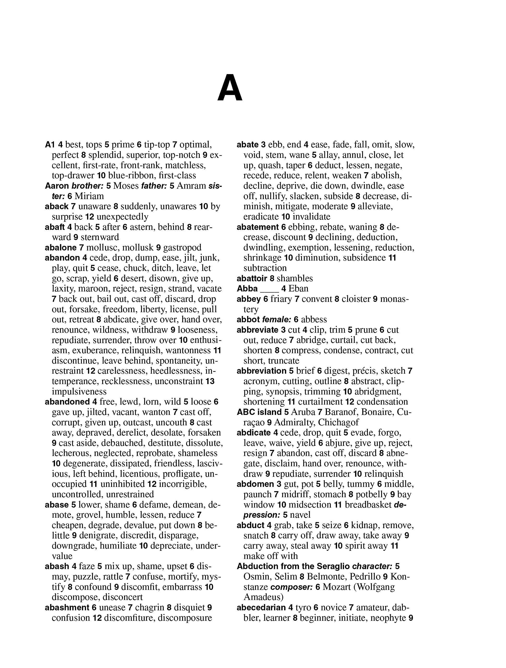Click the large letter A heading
pyautogui.click(x=230, y=88)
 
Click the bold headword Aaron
pyautogui.click(x=57, y=186)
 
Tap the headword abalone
pyautogui.click(x=61, y=248)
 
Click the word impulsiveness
pyautogui.click(x=79, y=392)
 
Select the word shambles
pyautogui.click(x=295, y=278)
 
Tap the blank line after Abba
pyautogui.click(x=269, y=289)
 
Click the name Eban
pyautogui.click(x=298, y=289)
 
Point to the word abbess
pyautogui.click(x=314, y=319)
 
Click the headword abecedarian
pyautogui.click(x=261, y=607)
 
